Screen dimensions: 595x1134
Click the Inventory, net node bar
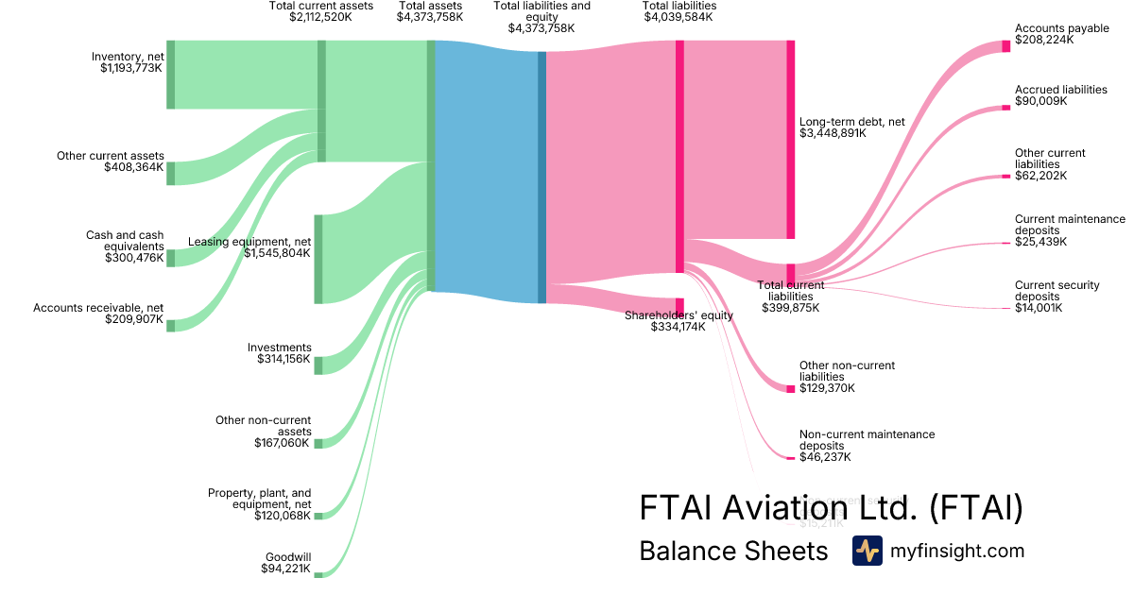(x=171, y=75)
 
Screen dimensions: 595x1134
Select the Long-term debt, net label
(x=851, y=122)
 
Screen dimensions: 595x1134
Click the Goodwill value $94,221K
(x=285, y=569)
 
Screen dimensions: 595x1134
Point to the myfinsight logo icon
(x=867, y=551)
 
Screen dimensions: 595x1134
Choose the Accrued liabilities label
(x=1060, y=90)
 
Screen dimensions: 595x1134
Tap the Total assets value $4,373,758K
(x=430, y=17)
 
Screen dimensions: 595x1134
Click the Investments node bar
(x=318, y=365)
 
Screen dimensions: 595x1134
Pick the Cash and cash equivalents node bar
(x=171, y=258)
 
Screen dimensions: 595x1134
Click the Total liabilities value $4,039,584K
(x=679, y=17)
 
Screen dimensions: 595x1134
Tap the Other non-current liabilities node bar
(x=791, y=388)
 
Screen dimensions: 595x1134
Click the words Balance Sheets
(x=733, y=551)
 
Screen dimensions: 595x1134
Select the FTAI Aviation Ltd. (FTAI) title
(x=832, y=508)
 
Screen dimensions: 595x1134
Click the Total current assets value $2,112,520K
(x=321, y=17)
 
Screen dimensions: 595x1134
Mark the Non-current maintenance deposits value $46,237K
(x=825, y=457)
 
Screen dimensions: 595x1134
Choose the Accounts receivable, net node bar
(x=171, y=326)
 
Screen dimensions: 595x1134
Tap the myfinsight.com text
(x=957, y=551)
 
